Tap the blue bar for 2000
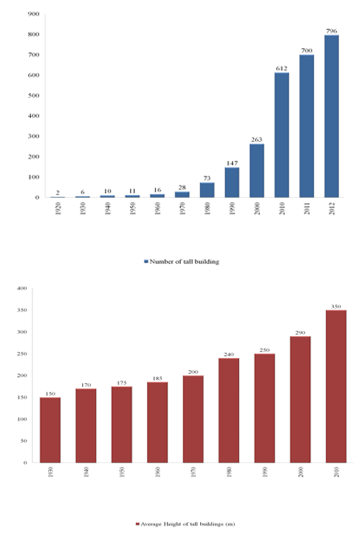point(256,170)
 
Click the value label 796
point(331,31)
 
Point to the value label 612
point(281,69)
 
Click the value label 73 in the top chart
point(207,179)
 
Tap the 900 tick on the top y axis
point(33,14)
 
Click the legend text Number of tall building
point(185,262)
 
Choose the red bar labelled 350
point(336,386)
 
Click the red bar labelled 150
point(50,430)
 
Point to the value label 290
point(300,332)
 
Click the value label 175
point(122,383)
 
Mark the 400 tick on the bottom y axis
point(21,288)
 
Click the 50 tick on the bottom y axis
point(22,441)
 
